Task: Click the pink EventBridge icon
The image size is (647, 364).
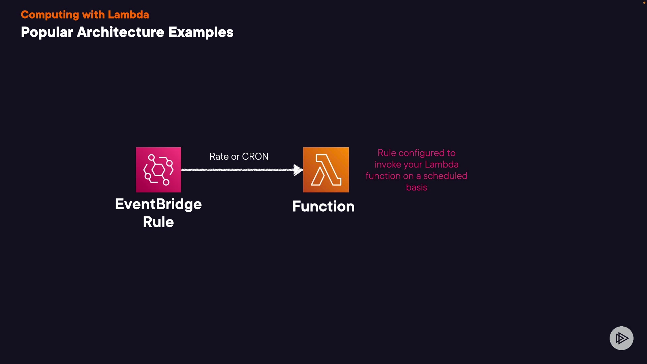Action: [x=158, y=170]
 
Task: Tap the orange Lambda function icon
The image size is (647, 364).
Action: [x=326, y=170]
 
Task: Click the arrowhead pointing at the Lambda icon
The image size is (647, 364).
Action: [x=298, y=170]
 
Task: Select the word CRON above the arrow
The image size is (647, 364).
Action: [x=255, y=156]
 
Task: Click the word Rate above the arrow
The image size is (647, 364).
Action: [x=219, y=156]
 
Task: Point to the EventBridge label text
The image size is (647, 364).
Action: [x=158, y=204]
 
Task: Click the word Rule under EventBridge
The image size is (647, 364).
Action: [x=158, y=222]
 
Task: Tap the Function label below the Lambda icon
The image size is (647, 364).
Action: [x=323, y=206]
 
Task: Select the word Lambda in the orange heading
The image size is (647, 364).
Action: [x=128, y=15]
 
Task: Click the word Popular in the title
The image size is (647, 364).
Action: [x=47, y=32]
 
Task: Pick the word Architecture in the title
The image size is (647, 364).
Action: [x=121, y=32]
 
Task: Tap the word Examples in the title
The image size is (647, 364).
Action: [x=201, y=32]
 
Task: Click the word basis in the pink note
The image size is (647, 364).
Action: [x=417, y=187]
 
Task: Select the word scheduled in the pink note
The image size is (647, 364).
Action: [x=445, y=176]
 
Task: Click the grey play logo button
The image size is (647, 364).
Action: [x=621, y=338]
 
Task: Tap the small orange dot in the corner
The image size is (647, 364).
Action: [x=644, y=3]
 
